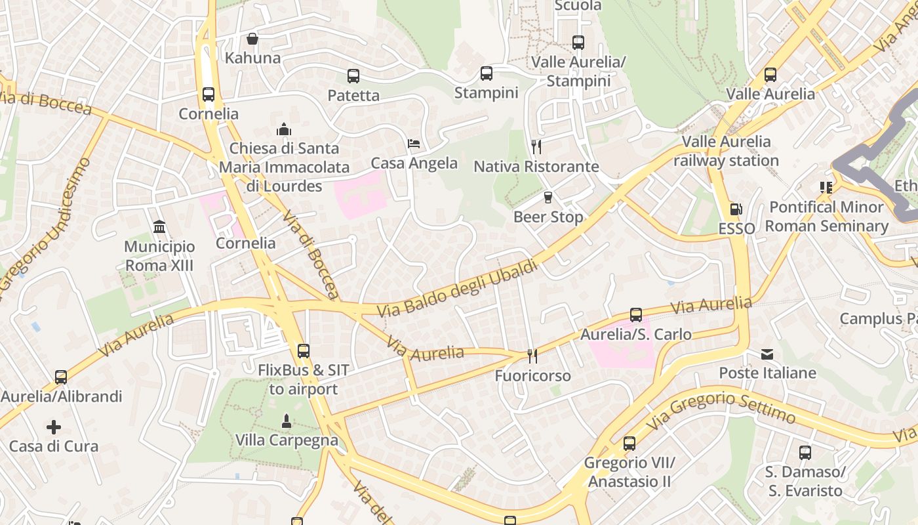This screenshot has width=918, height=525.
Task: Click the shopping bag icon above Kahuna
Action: click(252, 39)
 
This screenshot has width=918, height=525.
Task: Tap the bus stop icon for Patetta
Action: click(353, 76)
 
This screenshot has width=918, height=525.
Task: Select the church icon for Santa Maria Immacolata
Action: click(284, 129)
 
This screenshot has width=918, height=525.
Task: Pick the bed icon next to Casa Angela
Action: click(414, 144)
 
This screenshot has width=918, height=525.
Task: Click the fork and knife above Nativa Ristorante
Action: click(536, 146)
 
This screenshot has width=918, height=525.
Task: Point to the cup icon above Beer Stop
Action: click(548, 198)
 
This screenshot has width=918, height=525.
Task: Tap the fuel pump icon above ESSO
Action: click(736, 209)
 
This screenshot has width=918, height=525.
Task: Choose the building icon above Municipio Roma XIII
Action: click(159, 227)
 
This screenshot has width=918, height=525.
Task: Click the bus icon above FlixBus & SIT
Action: click(303, 351)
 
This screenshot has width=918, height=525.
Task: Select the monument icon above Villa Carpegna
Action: click(286, 420)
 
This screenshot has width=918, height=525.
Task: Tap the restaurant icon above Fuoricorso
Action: click(532, 356)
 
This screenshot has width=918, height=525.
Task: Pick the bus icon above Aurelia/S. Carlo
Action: click(636, 315)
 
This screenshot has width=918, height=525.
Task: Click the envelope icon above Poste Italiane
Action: click(767, 354)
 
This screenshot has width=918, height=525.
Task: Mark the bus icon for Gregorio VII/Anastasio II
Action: click(629, 444)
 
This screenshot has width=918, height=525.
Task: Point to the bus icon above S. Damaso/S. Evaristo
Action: click(805, 452)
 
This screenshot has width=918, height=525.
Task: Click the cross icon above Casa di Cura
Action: click(54, 427)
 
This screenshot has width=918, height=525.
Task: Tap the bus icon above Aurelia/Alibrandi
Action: click(61, 377)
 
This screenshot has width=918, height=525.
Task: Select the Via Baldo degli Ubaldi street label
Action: click(458, 289)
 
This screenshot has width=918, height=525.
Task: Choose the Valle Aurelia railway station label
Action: click(726, 151)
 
